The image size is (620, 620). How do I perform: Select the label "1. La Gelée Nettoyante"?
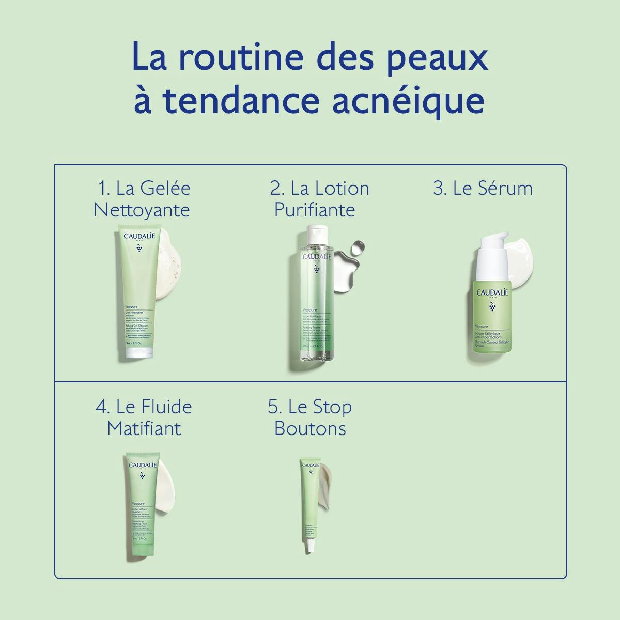143,199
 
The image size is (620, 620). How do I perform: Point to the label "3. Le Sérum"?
483,189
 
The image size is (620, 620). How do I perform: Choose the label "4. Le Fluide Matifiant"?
144,417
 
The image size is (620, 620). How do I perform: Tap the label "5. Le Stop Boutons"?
310,417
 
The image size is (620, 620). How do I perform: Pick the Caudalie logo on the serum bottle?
492,292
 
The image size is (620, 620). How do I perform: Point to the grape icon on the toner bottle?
316,269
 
